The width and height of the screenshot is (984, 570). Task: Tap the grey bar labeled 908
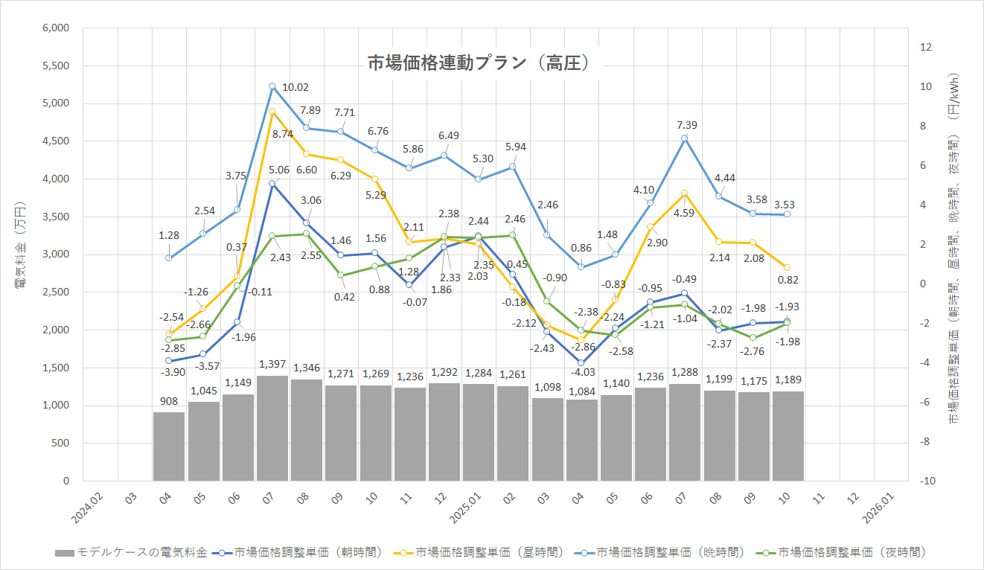coord(169,446)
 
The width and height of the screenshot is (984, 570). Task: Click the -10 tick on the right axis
coord(927,481)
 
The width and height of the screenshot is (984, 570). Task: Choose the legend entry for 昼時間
coord(483,552)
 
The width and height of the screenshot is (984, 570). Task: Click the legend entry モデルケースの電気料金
coord(130,552)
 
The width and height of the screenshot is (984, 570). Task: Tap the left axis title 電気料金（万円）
coord(20,254)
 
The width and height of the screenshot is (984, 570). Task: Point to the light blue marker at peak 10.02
coord(272,86)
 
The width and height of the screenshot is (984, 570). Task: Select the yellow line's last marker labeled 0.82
coord(787,267)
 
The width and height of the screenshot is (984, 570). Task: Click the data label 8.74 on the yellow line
coord(284,134)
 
